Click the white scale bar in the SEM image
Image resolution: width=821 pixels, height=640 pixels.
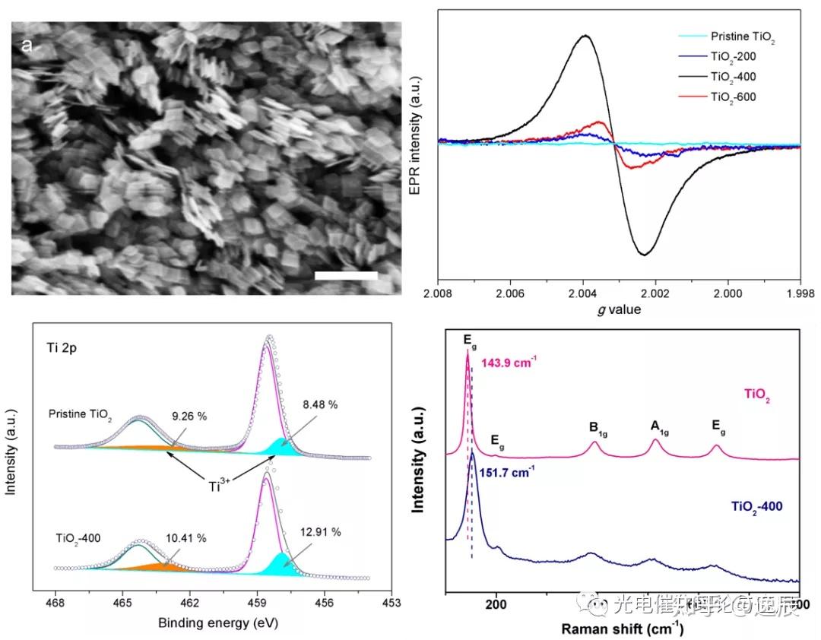[x=346, y=275]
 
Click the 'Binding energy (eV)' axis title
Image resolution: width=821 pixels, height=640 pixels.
[x=217, y=623]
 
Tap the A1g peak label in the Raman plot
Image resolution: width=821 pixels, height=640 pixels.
[x=658, y=426]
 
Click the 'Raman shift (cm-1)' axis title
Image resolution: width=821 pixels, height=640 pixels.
[x=623, y=629]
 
